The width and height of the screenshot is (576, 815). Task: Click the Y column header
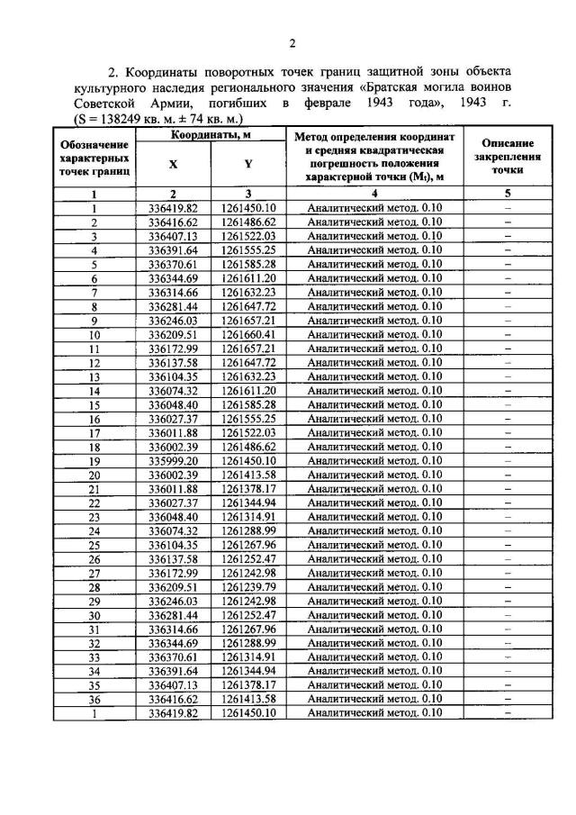coord(247,164)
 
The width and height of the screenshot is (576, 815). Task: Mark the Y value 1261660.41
coord(247,334)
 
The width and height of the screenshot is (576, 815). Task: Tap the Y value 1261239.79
coord(247,586)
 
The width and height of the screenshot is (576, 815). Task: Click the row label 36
coord(94,699)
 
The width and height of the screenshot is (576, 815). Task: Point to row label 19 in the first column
coord(94,460)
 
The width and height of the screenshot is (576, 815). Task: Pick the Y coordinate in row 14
coord(247,391)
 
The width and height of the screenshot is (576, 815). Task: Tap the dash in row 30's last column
coord(508,614)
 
